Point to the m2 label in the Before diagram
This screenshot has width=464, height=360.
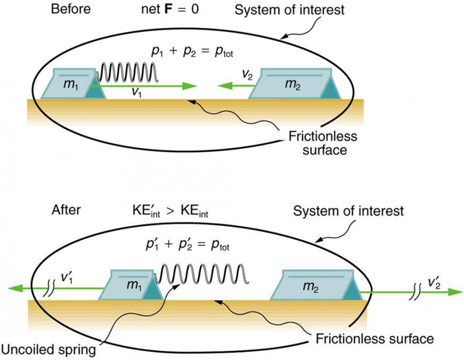(x=293, y=84)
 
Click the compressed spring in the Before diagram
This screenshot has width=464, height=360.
(x=128, y=73)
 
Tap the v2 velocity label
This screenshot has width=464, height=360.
(x=248, y=75)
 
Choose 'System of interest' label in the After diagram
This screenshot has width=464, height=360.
(x=348, y=210)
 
